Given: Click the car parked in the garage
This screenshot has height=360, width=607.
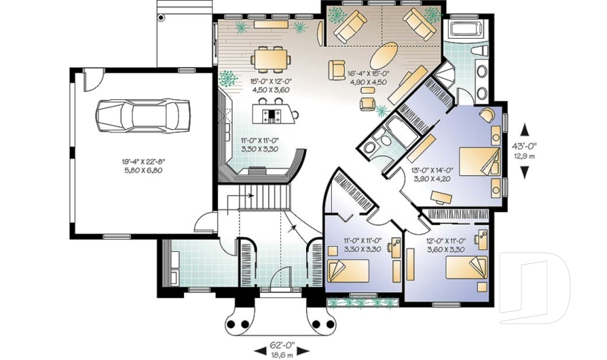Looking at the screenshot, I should pyautogui.click(x=143, y=115).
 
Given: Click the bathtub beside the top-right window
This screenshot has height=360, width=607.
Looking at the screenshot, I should pyautogui.click(x=464, y=28).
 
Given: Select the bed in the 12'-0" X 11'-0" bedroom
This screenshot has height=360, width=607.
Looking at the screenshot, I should pyautogui.click(x=467, y=268).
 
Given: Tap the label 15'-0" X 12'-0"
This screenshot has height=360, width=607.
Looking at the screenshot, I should pyautogui.click(x=270, y=81).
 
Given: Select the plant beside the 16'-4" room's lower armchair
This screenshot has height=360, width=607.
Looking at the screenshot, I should pyautogui.click(x=382, y=111).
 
